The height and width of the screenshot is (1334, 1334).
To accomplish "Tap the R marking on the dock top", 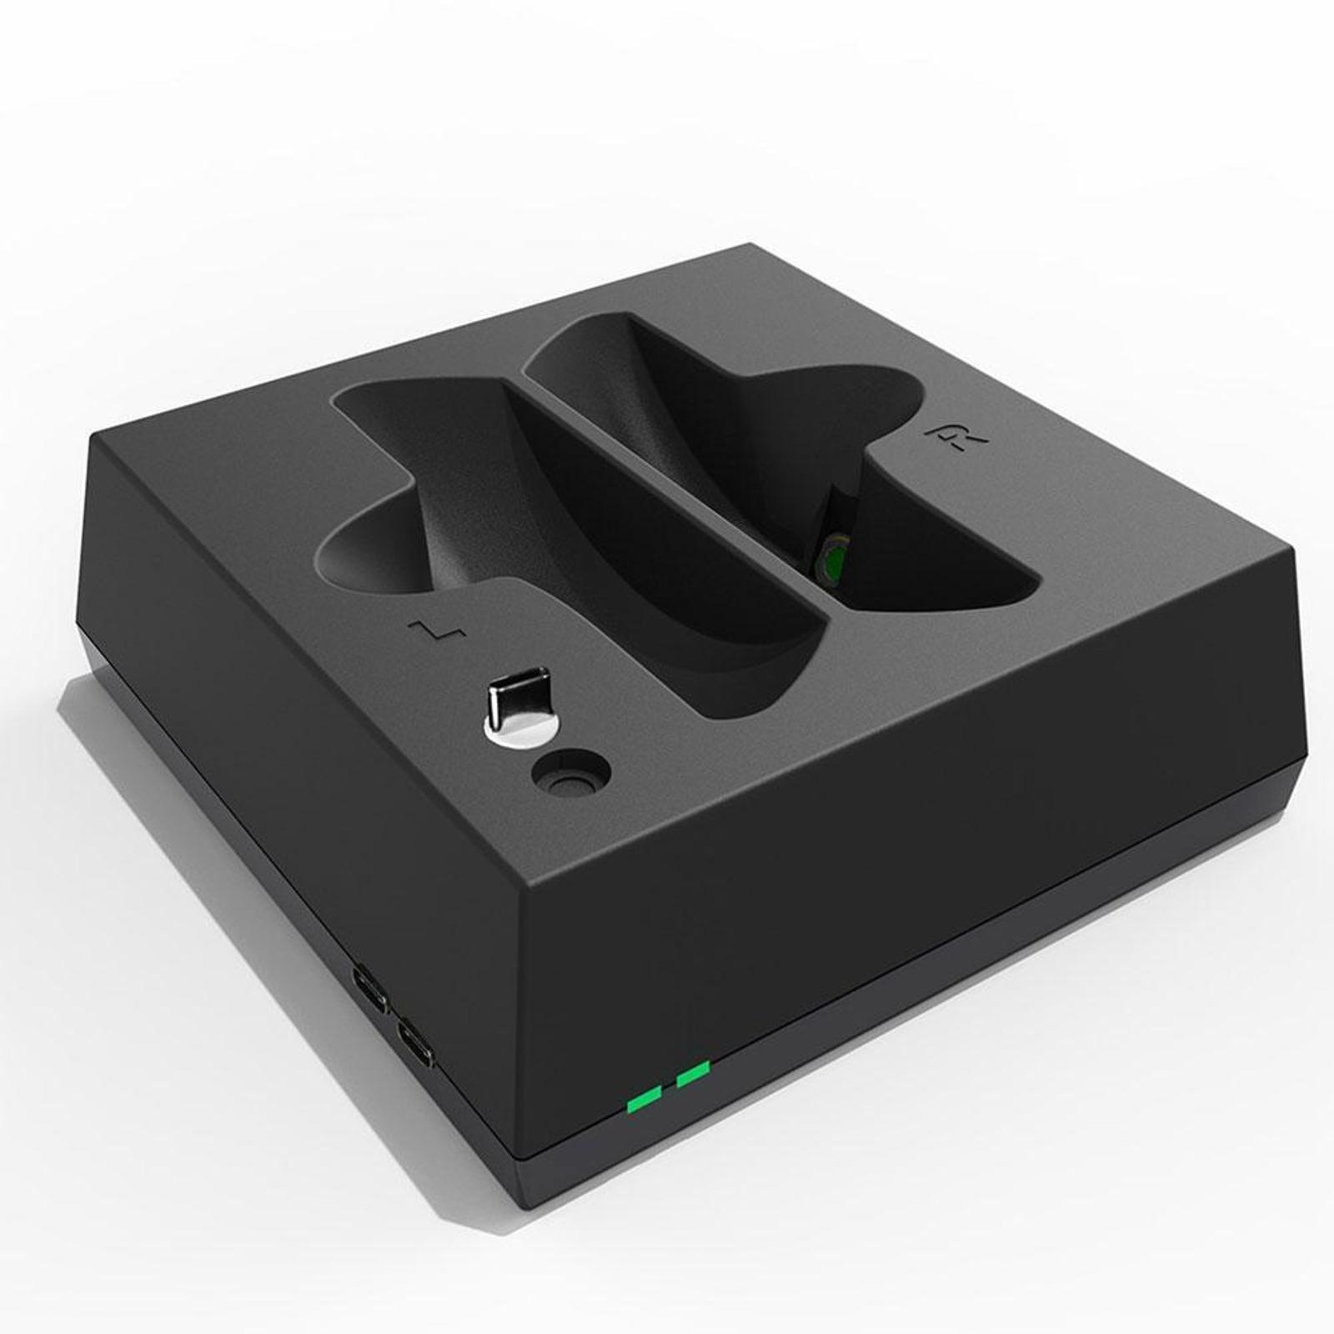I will click(x=955, y=439).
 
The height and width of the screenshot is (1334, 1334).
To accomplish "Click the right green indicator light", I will click(x=693, y=1074).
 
